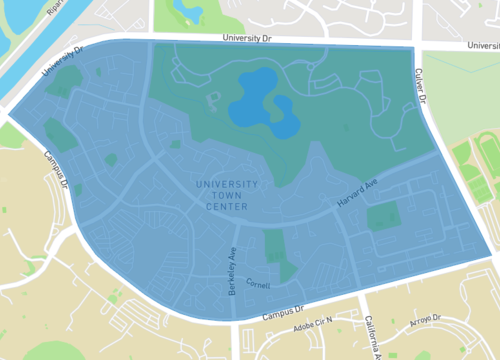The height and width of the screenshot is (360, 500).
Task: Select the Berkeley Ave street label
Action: click(230, 269)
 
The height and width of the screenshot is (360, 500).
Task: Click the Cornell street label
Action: click(258, 283)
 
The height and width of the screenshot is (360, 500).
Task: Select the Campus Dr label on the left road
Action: click(56, 171)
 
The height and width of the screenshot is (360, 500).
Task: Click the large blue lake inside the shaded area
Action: click(261, 106)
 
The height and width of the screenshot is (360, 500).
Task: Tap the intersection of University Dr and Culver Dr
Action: click(415, 46)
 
